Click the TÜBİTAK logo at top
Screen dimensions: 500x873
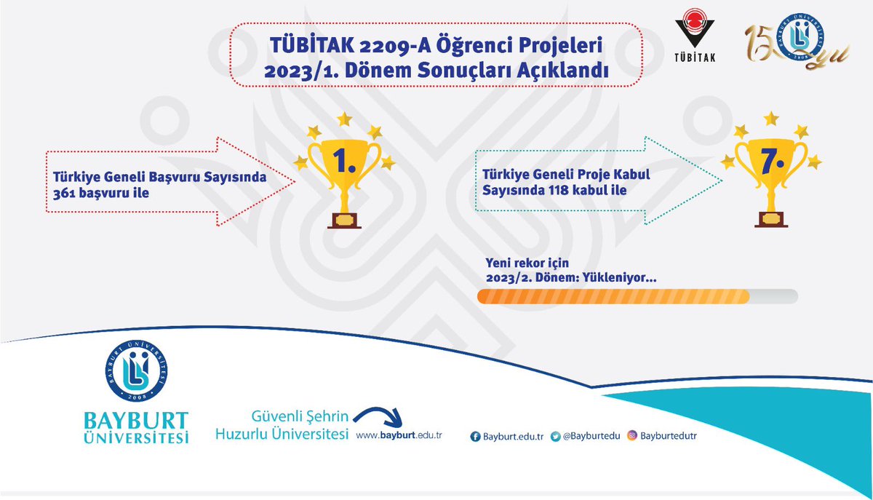tap(693, 40)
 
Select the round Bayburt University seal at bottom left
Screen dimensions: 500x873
tap(137, 371)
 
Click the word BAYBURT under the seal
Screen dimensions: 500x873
tap(136, 421)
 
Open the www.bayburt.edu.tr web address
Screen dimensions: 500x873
tap(399, 435)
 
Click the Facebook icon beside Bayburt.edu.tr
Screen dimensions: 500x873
tap(476, 436)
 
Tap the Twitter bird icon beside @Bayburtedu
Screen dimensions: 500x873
tap(555, 436)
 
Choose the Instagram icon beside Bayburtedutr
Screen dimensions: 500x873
tap(633, 435)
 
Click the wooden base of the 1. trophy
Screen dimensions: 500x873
tap(344, 221)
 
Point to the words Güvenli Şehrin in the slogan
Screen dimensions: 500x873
tap(300, 417)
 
